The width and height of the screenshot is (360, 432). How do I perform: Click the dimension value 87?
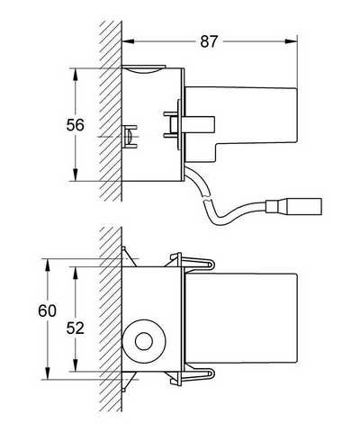pyautogui.click(x=209, y=41)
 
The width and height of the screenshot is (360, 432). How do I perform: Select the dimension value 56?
pyautogui.click(x=76, y=125)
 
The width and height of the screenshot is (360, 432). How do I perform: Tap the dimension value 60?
pyautogui.click(x=47, y=310)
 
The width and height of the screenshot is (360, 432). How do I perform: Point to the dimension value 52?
pyautogui.click(x=76, y=328)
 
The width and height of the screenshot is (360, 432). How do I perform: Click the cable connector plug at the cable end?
pyautogui.click(x=294, y=206)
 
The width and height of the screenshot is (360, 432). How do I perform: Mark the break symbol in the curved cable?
pyautogui.click(x=207, y=199)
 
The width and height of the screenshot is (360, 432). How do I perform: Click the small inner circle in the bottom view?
pyautogui.click(x=144, y=341)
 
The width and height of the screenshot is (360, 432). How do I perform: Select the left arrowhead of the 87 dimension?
pyautogui.click(x=128, y=41)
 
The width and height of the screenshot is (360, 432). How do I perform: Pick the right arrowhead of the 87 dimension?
pyautogui.click(x=291, y=41)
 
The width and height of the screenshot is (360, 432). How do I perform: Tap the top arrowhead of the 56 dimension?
pyautogui.click(x=75, y=75)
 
